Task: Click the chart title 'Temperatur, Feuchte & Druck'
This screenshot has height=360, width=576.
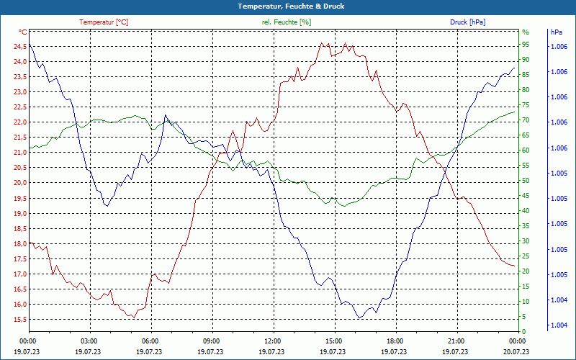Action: [x=288, y=6]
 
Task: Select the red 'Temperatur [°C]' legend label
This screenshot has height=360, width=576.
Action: [x=104, y=22]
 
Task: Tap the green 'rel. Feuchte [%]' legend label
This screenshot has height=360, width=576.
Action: [x=287, y=22]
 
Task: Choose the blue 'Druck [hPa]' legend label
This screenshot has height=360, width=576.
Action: [x=467, y=22]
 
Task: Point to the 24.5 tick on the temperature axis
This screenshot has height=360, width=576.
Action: [x=19, y=47]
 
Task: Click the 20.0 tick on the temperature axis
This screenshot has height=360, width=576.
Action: [x=19, y=183]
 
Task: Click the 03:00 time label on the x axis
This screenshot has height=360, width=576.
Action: [x=89, y=341]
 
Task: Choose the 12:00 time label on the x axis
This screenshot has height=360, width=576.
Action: [x=273, y=341]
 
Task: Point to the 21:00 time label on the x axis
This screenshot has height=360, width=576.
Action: [x=456, y=341]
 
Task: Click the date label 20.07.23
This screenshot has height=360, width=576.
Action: [x=517, y=352]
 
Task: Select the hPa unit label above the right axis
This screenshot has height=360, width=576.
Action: [x=557, y=32]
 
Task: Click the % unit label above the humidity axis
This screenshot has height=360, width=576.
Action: [x=525, y=32]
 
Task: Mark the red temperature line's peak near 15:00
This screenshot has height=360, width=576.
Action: [x=322, y=42]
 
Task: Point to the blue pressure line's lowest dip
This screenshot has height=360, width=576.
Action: [x=359, y=318]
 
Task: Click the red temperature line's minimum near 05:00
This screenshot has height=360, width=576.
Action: [x=132, y=318]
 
